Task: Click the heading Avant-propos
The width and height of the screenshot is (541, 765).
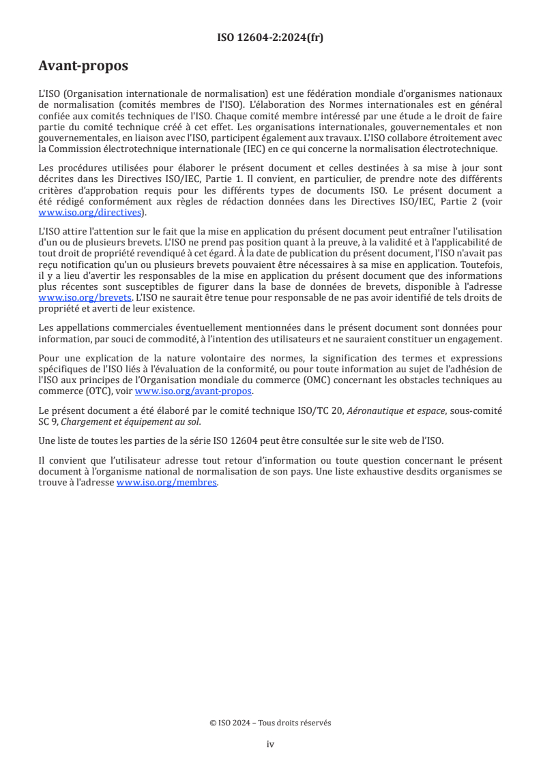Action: click(x=83, y=66)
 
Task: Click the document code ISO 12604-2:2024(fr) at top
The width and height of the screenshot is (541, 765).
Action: click(x=270, y=37)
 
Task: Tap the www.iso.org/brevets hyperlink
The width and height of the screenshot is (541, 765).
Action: click(x=85, y=298)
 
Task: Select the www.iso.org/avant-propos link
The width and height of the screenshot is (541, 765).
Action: click(x=194, y=391)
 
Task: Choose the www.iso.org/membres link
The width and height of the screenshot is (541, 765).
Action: click(x=166, y=483)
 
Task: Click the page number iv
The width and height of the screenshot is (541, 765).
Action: click(x=270, y=744)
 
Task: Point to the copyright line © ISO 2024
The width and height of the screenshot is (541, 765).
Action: click(x=270, y=723)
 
